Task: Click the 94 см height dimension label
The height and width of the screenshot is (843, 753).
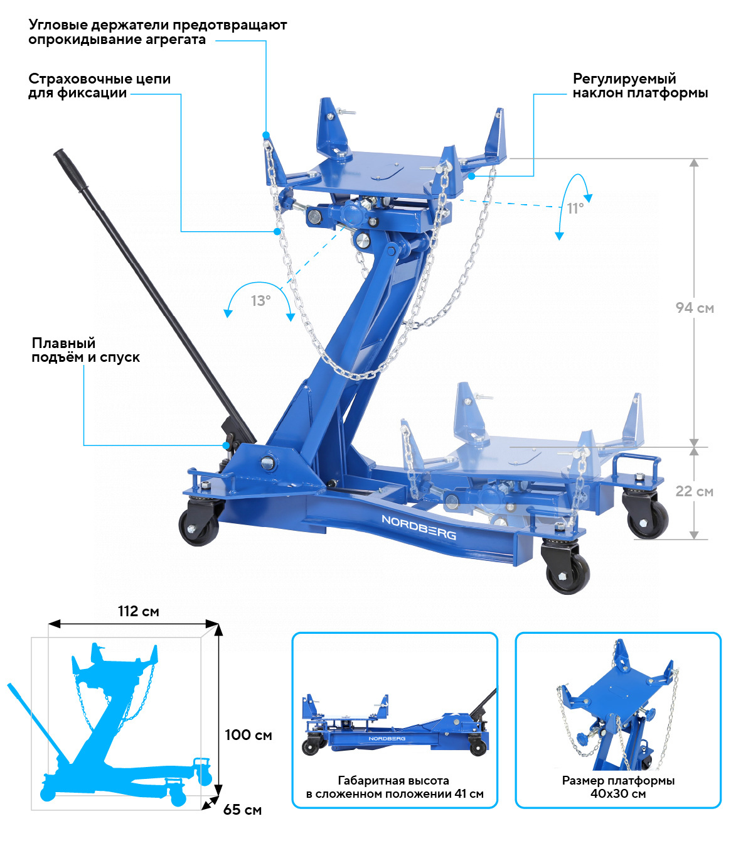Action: tap(695, 308)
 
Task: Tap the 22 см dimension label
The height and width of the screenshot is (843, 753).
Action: tap(694, 491)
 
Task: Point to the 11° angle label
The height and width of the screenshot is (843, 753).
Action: tap(575, 208)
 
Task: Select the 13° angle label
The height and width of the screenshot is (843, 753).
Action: tap(260, 300)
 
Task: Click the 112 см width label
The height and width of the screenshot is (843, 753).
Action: tap(139, 611)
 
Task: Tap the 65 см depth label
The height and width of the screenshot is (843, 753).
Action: tap(242, 809)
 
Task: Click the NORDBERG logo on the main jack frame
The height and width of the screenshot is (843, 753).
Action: tap(419, 527)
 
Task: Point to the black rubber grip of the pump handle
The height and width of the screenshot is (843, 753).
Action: tap(71, 170)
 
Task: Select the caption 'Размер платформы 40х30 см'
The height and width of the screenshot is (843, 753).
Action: tap(618, 787)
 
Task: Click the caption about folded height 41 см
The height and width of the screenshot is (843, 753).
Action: tap(395, 787)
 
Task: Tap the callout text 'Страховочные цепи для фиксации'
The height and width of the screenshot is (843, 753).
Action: tap(99, 85)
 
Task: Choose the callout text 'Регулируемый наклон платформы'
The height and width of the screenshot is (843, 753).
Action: tap(640, 85)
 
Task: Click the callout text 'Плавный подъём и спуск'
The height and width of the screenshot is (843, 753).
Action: tap(85, 350)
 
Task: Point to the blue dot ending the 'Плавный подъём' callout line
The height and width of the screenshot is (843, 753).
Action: tap(226, 445)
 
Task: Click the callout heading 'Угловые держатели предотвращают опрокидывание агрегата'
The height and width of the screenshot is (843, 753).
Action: tap(158, 32)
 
